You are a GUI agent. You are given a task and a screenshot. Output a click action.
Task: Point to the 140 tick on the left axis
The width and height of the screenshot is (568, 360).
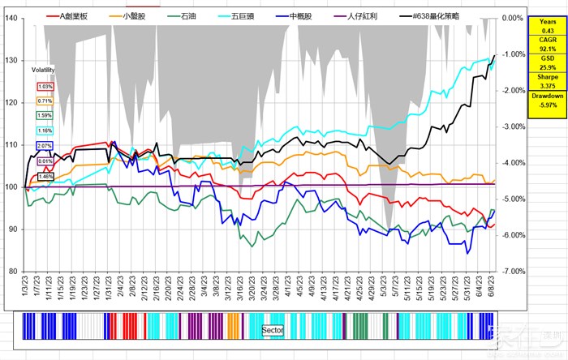point(13,18)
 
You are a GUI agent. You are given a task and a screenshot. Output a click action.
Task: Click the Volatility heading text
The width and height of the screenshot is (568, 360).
point(42,70)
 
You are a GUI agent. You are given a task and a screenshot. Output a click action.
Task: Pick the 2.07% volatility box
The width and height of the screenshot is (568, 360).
point(45,146)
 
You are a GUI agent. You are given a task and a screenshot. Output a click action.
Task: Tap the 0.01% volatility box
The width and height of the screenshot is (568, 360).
point(45,161)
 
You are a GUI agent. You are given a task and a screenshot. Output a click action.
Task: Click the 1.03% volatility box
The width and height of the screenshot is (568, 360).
point(45,87)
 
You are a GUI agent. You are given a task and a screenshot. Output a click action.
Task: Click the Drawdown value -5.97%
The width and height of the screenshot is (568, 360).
point(548,105)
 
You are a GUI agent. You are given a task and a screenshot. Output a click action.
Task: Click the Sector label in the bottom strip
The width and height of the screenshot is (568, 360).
point(273,331)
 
